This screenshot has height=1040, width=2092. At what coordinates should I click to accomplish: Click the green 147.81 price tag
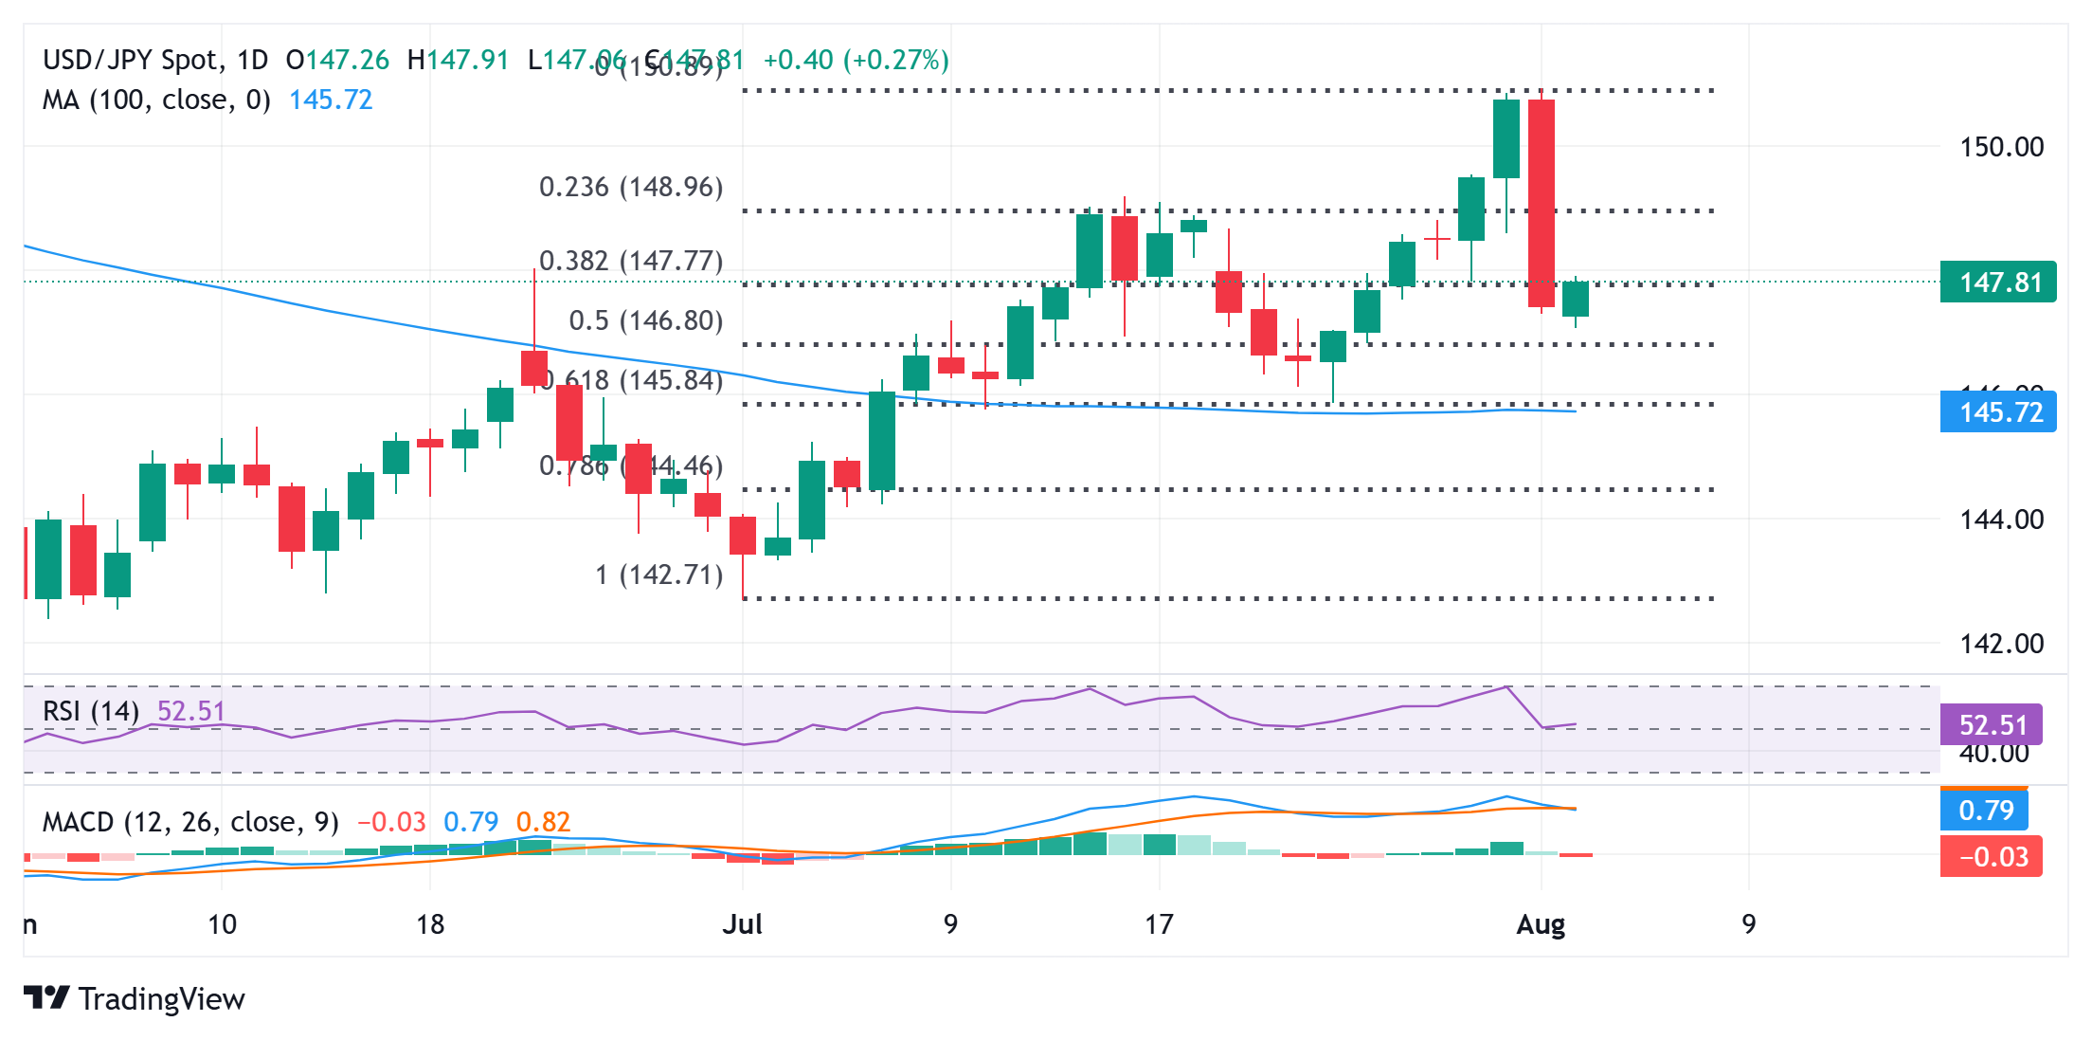tap(1997, 283)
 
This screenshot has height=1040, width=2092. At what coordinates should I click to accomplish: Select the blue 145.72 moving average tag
tap(1997, 412)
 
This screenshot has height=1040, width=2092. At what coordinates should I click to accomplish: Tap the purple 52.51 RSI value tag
tap(1991, 725)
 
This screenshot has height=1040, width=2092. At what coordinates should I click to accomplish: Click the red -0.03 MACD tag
tap(1991, 857)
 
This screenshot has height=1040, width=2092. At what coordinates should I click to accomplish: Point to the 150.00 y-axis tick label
tap(2001, 147)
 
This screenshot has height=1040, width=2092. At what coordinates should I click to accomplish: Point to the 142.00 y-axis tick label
tap(2001, 644)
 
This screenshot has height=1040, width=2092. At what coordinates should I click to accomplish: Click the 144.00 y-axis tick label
tap(2001, 520)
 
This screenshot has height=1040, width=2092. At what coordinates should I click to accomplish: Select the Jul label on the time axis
tap(742, 924)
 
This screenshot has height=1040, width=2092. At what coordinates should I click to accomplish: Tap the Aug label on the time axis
tap(1541, 924)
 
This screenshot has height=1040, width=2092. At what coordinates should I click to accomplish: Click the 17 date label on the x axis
tap(1159, 924)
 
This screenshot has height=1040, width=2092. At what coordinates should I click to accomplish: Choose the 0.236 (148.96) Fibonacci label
tap(631, 187)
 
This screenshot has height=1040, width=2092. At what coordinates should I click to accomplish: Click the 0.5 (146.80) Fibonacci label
tap(645, 320)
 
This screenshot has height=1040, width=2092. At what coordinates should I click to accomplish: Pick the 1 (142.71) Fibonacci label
tap(658, 575)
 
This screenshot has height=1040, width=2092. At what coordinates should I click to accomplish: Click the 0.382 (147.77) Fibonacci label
tap(631, 261)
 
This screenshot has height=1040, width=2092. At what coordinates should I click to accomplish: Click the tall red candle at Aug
tap(1542, 203)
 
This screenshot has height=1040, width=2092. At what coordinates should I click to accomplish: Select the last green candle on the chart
tap(1576, 299)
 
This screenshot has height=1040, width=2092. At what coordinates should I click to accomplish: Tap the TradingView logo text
tap(161, 999)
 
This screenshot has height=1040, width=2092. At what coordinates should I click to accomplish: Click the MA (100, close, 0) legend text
tap(156, 100)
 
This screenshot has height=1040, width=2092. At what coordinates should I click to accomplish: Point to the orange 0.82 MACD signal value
tap(543, 822)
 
